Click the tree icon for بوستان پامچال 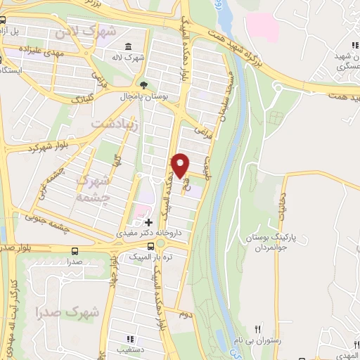pos(144,83)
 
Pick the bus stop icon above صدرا pos(75,250)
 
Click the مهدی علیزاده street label pos(63,51)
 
